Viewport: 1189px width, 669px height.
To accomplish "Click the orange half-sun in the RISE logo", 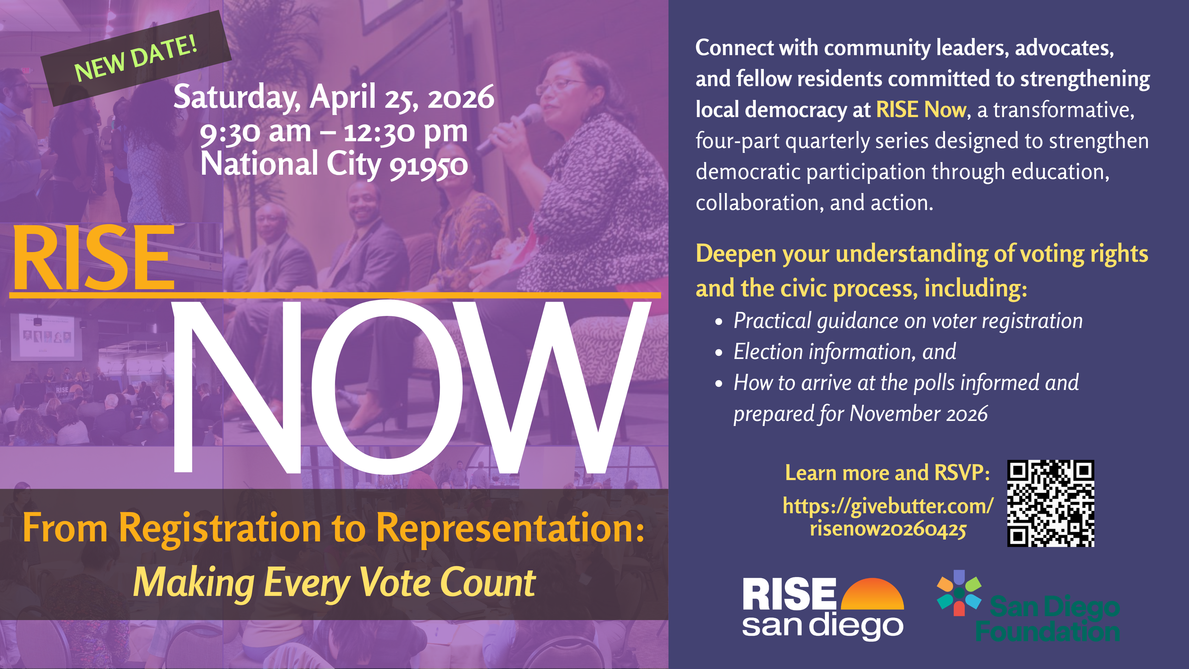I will pyautogui.click(x=872, y=594).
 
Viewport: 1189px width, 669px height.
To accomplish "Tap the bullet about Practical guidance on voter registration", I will pyautogui.click(x=908, y=321).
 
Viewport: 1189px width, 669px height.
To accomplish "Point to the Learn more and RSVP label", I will pyautogui.click(x=887, y=473).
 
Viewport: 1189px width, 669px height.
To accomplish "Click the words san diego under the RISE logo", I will pyautogui.click(x=822, y=626).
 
